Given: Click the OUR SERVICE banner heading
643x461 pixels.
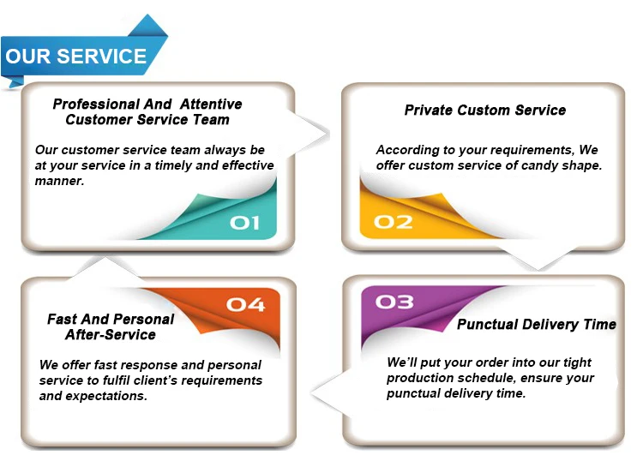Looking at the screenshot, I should (76, 57).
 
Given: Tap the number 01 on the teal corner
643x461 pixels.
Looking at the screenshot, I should (244, 223).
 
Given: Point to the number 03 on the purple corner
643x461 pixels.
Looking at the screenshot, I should (394, 302).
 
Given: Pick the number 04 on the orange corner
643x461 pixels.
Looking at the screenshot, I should (245, 304).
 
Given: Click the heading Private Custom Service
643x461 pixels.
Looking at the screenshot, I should (485, 111).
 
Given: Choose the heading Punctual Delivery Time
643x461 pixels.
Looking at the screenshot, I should (536, 325).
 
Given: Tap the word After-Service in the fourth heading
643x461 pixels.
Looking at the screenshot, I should (110, 335).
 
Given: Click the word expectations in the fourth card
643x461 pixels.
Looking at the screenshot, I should (106, 396).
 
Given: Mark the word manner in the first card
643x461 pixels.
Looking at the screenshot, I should (59, 181).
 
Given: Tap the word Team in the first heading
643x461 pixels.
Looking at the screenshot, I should (211, 120).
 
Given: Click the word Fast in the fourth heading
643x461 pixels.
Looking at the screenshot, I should (63, 320).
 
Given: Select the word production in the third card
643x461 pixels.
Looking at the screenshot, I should (421, 378).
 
